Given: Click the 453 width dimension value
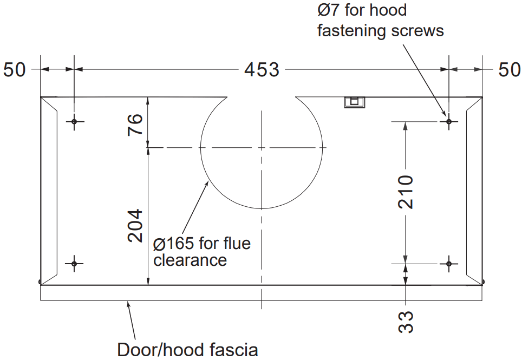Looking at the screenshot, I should click(262, 70).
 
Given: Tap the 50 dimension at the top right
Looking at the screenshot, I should click(509, 70).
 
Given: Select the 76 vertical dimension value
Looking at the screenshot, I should click(135, 125).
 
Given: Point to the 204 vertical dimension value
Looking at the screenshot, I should click(135, 226).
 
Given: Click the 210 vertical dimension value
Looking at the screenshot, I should click(406, 192).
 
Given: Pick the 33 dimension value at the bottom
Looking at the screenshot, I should click(406, 322).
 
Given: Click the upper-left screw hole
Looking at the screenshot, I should click(74, 121).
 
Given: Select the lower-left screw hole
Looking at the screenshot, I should click(74, 264).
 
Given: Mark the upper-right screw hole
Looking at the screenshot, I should click(448, 122).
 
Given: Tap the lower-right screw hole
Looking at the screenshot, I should click(448, 264).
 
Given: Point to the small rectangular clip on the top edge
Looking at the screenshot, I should click(355, 101).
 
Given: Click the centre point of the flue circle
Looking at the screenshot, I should click(262, 147).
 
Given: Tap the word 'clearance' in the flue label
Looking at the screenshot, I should click(190, 260).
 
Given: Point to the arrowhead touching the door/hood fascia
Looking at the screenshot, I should click(128, 304).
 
